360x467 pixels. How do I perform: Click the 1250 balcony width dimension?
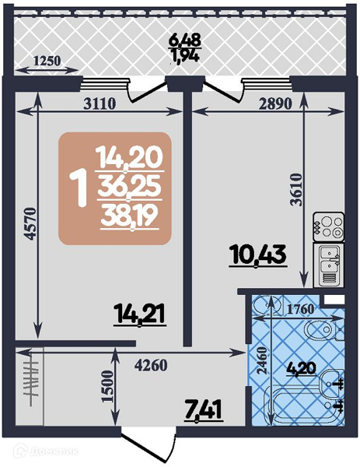click(47, 61)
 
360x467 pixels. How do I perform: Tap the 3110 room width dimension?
click(100, 104)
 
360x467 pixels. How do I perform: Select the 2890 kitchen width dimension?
click(274, 104)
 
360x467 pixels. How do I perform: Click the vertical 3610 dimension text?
click(296, 190)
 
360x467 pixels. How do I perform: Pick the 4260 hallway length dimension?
click(151, 365)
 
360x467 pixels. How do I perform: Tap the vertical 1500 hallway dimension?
click(108, 387)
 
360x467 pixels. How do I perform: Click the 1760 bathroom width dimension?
click(300, 310)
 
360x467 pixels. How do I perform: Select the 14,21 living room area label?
click(140, 314)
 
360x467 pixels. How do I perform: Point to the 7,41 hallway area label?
click(204, 411)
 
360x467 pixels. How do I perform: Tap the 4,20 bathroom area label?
click(301, 369)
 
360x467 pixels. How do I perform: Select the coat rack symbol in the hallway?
click(31, 381)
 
